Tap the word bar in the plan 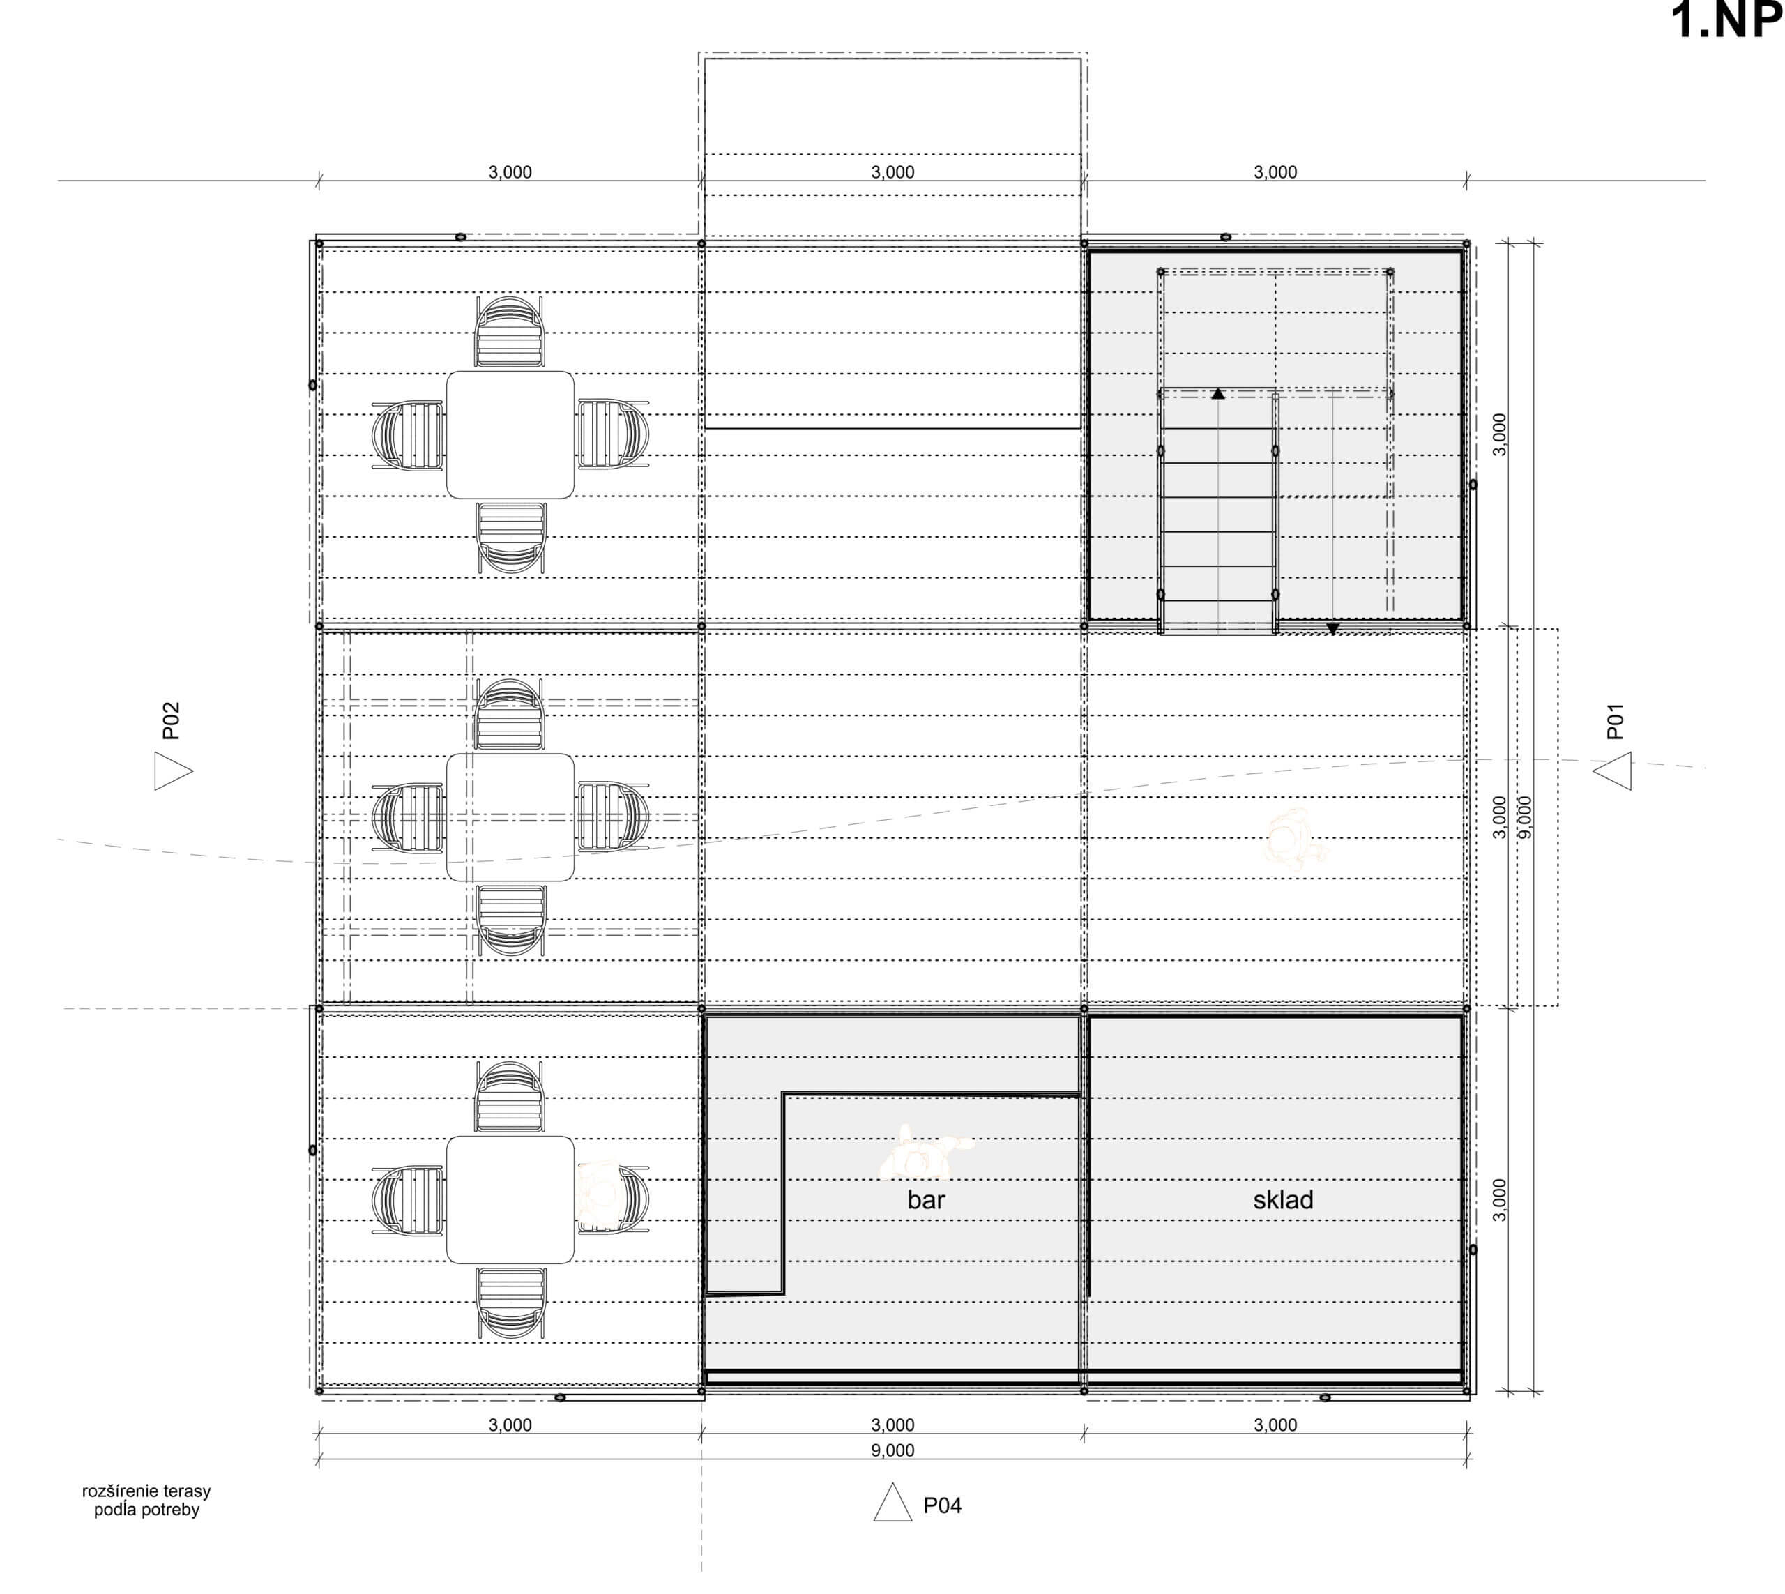pyautogui.click(x=926, y=1200)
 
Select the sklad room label pyautogui.click(x=1282, y=1200)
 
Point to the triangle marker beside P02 pyautogui.click(x=174, y=771)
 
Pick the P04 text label pyautogui.click(x=943, y=1505)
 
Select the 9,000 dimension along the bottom pyautogui.click(x=892, y=1450)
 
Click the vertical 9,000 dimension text pyautogui.click(x=1525, y=817)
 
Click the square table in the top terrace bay pyautogui.click(x=510, y=434)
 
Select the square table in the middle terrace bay pyautogui.click(x=510, y=817)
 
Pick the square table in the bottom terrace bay pyautogui.click(x=510, y=1200)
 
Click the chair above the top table pyautogui.click(x=510, y=331)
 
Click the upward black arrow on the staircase pyautogui.click(x=1217, y=394)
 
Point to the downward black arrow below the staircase pyautogui.click(x=1332, y=629)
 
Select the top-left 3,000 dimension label pyautogui.click(x=510, y=172)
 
